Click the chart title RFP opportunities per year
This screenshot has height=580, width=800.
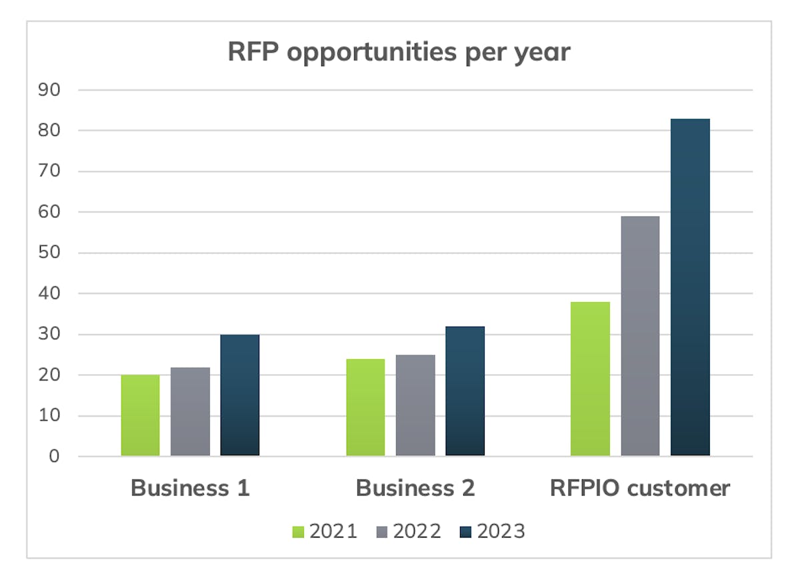399,52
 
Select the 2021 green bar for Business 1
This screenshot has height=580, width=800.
140,415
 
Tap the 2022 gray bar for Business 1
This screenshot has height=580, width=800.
190,412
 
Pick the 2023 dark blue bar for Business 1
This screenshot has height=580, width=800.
240,395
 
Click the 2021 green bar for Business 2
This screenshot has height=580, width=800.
365,407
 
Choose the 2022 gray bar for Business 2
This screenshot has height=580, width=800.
415,405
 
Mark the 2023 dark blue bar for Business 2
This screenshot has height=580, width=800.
465,391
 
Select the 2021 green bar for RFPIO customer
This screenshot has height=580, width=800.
591,379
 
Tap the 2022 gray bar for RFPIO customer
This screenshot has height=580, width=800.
641,336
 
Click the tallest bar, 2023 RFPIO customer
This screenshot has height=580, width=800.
691,287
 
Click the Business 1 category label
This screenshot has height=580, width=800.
190,488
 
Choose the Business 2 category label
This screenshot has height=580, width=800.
415,488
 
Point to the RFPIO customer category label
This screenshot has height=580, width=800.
640,488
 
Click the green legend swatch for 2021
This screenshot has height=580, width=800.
298,532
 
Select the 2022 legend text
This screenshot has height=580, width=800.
417,531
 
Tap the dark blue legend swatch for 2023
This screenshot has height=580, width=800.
466,532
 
